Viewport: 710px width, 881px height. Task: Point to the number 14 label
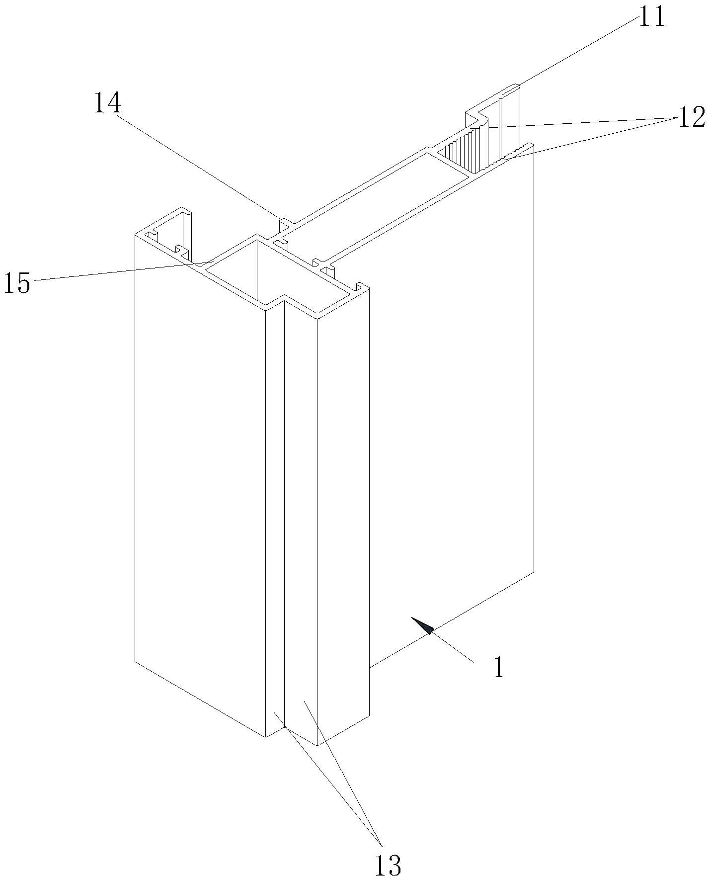coord(107,104)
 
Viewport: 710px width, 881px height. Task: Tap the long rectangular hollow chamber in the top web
coord(378,199)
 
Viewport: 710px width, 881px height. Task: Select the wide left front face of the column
coord(199,472)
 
